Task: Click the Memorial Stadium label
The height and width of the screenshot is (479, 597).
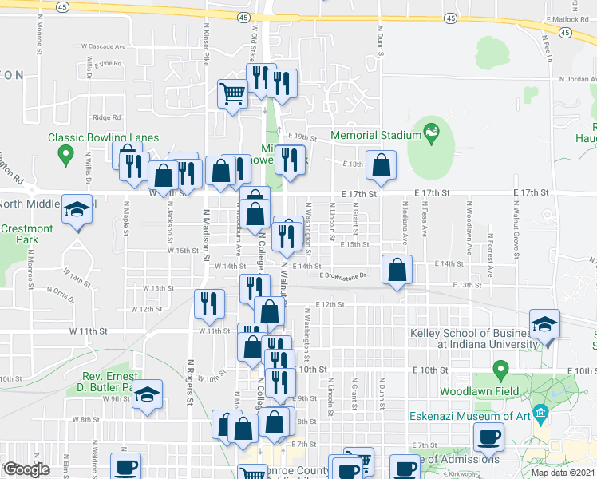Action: tap(375, 135)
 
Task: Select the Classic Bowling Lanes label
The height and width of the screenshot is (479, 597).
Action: tap(103, 137)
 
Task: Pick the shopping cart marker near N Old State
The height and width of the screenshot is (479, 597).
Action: tap(232, 95)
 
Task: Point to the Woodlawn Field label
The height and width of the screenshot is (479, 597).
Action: tap(479, 391)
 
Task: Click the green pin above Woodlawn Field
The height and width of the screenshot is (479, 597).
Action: tap(500, 370)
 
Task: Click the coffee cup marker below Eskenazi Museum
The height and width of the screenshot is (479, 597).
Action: tap(488, 437)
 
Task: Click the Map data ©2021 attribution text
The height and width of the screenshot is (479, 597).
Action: tap(564, 473)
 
